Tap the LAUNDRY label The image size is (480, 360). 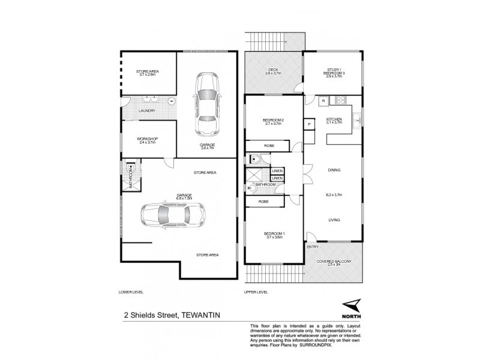(x=147, y=111)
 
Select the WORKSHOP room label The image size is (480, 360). (x=147, y=139)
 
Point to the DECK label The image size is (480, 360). (x=273, y=70)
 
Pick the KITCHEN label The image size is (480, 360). (x=334, y=119)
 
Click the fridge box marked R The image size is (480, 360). (x=323, y=100)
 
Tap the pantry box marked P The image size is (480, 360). (x=310, y=124)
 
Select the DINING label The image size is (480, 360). (x=334, y=170)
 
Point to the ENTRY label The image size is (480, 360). (x=313, y=247)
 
